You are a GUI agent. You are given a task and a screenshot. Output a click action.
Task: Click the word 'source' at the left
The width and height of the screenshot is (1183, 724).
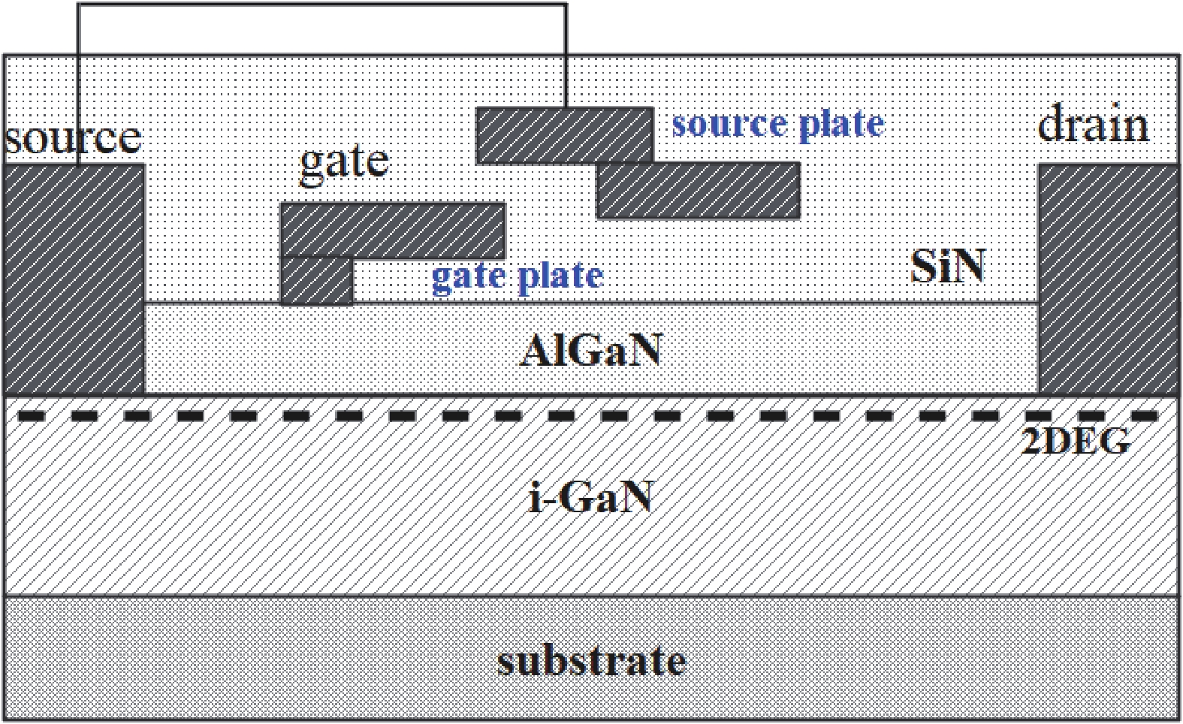(73, 138)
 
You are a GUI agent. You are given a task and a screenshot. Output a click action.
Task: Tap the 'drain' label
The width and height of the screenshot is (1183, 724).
(1093, 125)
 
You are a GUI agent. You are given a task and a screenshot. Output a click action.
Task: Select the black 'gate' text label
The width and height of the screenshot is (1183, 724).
(344, 161)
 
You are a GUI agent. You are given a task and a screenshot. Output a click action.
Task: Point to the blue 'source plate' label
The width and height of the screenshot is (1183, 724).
(777, 124)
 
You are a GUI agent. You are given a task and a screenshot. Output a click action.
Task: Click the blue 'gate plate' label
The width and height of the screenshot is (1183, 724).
(517, 276)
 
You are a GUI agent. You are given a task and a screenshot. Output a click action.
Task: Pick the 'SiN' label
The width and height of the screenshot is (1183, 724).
(947, 266)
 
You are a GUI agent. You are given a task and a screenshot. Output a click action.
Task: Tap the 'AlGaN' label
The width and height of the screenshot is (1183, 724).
(590, 350)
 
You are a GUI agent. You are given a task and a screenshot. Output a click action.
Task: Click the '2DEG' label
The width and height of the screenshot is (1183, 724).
(1076, 442)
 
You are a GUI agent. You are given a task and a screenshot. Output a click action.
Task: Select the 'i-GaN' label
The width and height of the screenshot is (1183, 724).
(590, 497)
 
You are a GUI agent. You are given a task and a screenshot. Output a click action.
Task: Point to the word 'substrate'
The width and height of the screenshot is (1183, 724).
(591, 661)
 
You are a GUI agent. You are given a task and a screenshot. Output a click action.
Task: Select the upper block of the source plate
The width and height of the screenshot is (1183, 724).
(564, 135)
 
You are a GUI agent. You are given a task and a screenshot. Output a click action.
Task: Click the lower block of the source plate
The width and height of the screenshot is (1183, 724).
(698, 191)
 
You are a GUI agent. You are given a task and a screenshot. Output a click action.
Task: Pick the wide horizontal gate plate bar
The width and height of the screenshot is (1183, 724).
(392, 230)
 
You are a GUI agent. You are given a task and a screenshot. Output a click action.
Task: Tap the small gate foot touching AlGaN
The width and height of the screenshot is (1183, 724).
(316, 281)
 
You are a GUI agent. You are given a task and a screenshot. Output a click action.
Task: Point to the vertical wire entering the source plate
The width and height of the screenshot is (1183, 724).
(566, 56)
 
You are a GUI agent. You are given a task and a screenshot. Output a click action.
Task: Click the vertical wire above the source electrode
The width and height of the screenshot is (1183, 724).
(78, 83)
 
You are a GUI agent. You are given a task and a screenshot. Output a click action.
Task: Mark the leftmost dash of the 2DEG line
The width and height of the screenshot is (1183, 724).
(31, 415)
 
